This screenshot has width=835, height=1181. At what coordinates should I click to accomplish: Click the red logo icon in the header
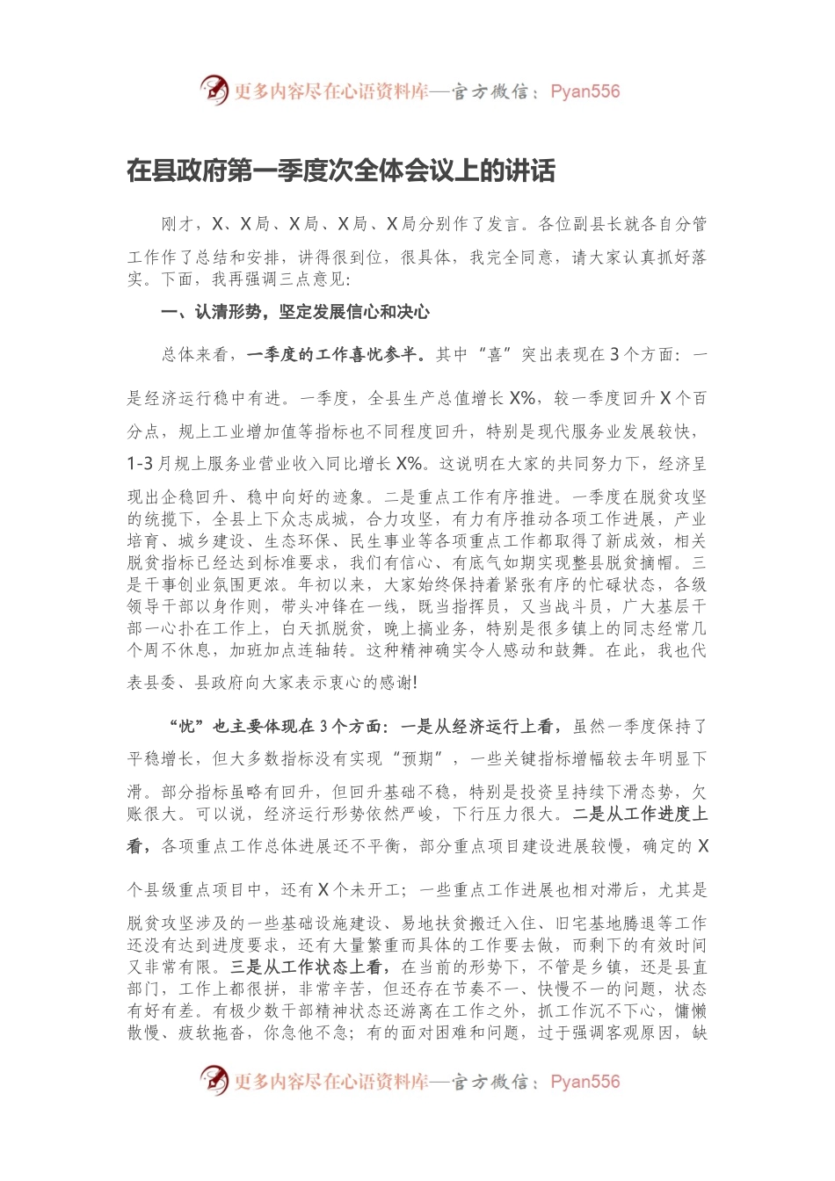coord(214,90)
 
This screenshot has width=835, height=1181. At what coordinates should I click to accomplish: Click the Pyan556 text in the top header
coord(584,91)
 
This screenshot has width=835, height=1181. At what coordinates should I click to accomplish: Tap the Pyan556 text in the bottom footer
coord(584,1082)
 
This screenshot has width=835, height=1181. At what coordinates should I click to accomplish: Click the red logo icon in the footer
coord(214,1080)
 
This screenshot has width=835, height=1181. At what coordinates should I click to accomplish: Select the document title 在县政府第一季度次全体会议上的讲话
coord(341,170)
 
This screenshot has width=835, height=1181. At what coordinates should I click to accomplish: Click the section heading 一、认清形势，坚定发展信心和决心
coord(295,312)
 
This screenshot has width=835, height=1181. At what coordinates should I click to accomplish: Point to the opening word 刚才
coord(178,224)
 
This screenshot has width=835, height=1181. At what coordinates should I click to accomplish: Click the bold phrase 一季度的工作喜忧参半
coord(331,355)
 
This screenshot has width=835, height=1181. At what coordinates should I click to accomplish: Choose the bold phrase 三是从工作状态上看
coord(309,967)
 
